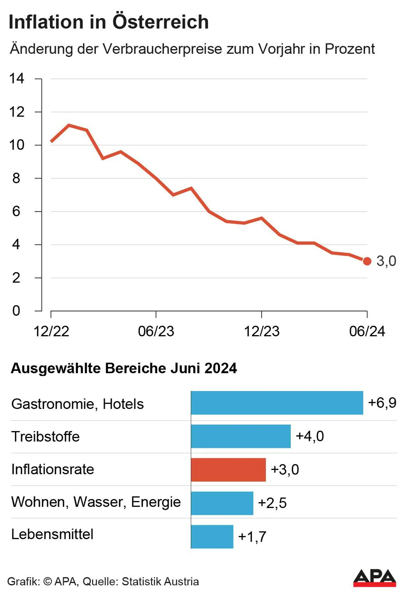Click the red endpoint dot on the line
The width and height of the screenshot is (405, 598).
(367, 261)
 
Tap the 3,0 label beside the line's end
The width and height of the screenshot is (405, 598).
(386, 261)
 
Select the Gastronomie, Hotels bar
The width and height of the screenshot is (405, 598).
(277, 403)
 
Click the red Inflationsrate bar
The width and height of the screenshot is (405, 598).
(228, 469)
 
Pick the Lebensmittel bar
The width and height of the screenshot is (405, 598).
(212, 536)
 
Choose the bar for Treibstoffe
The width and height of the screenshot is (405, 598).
(240, 436)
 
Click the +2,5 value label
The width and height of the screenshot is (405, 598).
(272, 503)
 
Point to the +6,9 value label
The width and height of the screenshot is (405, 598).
(382, 403)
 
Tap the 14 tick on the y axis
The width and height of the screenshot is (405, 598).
(16, 78)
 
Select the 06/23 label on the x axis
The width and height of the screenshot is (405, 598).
(156, 331)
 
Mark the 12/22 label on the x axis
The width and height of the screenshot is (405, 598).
(51, 331)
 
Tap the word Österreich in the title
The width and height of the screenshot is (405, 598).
(160, 22)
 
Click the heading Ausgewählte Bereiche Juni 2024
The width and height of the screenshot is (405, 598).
(124, 368)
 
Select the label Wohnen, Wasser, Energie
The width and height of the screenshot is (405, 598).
(96, 502)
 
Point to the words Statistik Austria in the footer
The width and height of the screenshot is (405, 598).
(160, 581)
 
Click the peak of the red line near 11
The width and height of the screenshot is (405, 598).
(69, 125)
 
